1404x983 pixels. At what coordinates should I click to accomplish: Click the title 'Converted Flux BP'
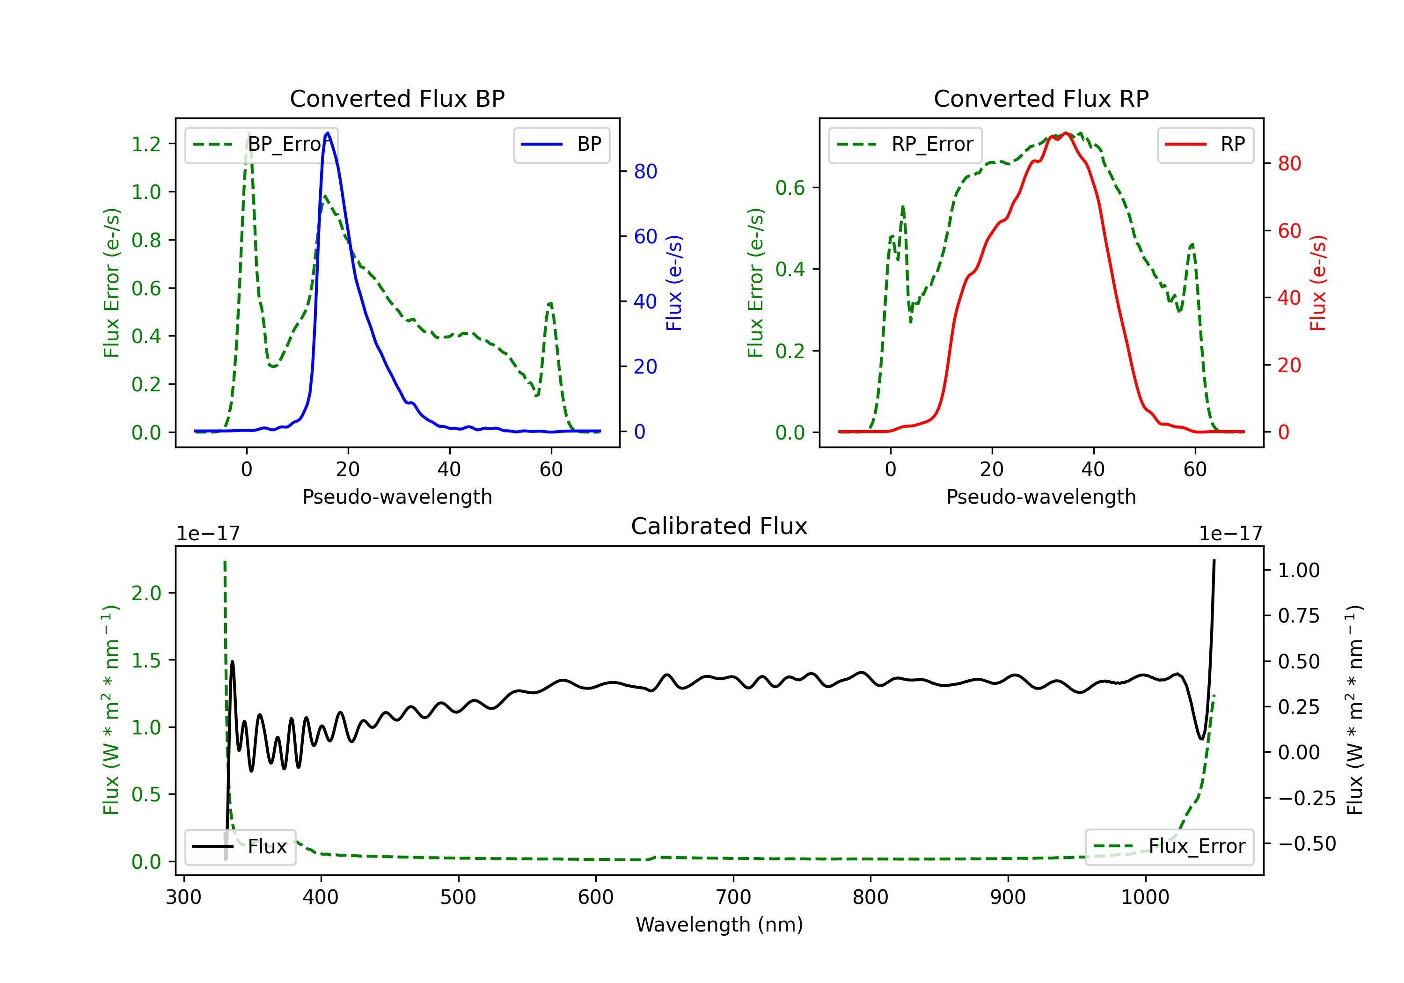(x=397, y=98)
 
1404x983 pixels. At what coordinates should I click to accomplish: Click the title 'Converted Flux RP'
(x=1041, y=98)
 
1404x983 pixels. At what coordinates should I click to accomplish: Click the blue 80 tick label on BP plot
(x=645, y=171)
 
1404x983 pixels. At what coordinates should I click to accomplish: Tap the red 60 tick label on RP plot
(x=1289, y=231)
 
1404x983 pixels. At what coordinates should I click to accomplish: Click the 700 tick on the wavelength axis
(x=733, y=897)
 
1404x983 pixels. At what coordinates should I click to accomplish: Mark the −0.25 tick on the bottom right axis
(x=1306, y=798)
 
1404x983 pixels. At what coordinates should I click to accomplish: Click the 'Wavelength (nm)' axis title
(x=719, y=924)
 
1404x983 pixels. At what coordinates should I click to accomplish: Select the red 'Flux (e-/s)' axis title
(x=1318, y=283)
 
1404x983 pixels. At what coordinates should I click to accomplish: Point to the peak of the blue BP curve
(x=328, y=133)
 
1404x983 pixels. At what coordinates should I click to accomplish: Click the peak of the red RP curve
(x=1065, y=133)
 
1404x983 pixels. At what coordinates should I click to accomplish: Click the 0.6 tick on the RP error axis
(x=790, y=188)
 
